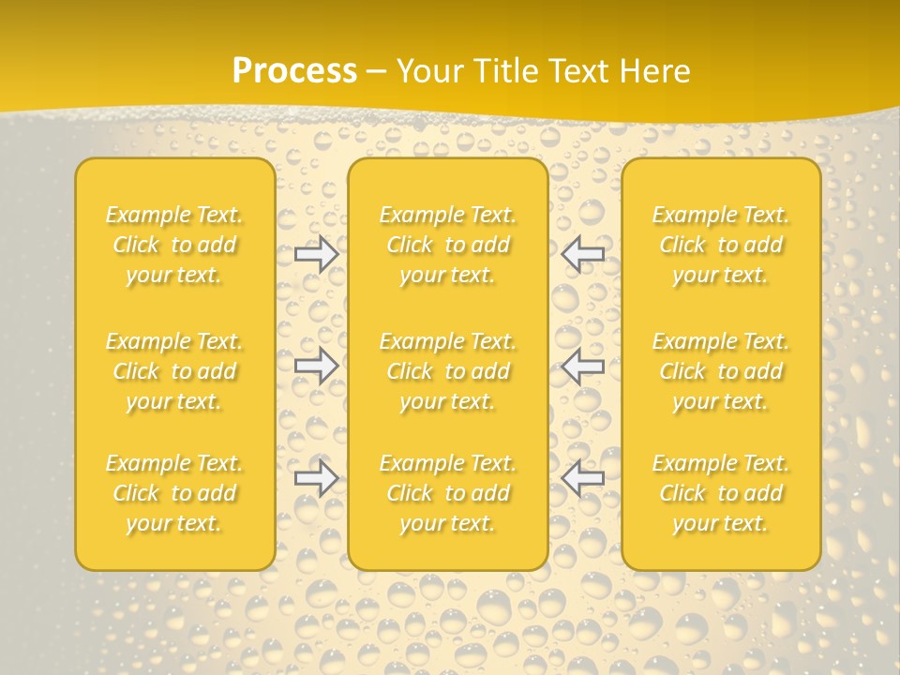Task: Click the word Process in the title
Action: point(294,71)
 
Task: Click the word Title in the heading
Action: point(503,71)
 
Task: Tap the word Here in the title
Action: point(653,71)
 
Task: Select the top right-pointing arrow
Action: point(316,254)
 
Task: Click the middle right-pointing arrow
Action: point(316,366)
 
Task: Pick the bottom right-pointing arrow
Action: point(316,478)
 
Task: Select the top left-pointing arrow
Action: point(583,252)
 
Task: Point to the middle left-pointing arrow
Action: point(583,366)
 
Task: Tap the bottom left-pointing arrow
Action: point(583,478)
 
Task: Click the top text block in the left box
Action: point(174,245)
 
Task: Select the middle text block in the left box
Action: point(174,371)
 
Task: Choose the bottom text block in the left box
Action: point(174,493)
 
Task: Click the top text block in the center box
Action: point(447,245)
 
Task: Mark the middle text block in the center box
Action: point(447,371)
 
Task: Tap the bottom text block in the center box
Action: point(447,493)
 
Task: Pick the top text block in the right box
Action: point(721,245)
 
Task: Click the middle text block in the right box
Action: point(721,371)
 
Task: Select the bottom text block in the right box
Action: point(721,493)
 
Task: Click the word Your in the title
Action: point(427,71)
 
